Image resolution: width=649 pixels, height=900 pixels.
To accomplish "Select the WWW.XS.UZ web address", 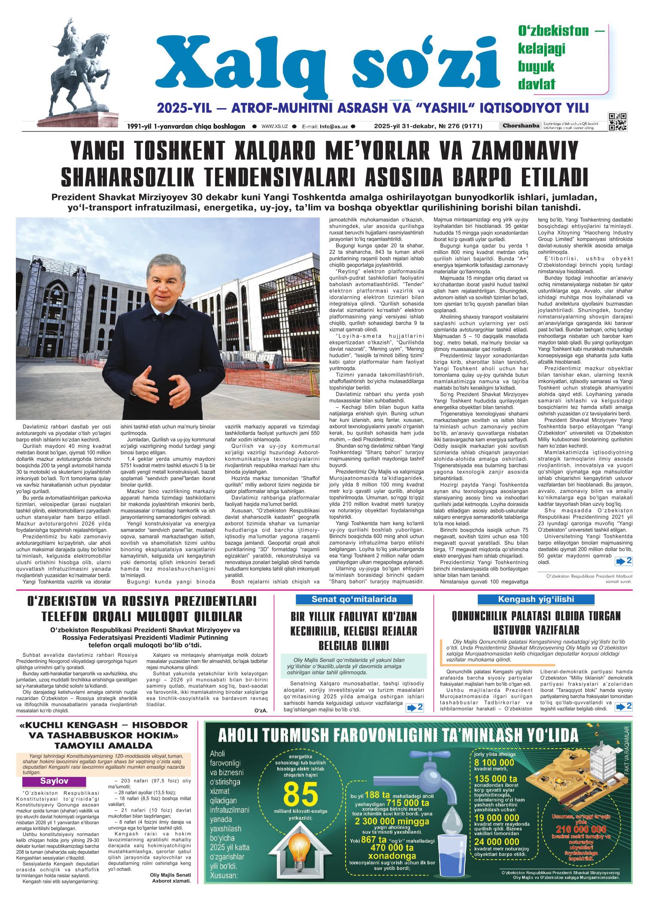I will [x=274, y=127].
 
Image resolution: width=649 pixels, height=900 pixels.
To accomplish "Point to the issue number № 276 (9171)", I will [x=459, y=127].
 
